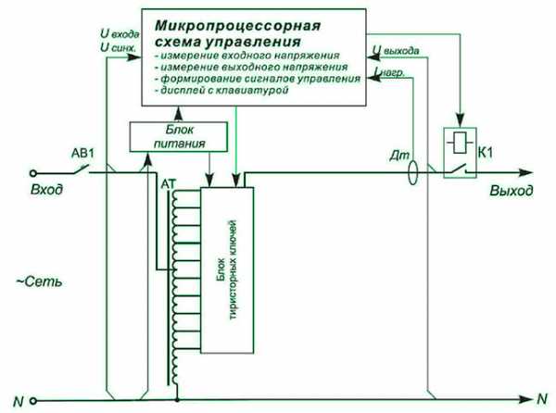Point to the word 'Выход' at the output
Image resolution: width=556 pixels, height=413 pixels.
pos(512,191)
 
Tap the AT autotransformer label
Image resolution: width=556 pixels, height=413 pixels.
pos(168,183)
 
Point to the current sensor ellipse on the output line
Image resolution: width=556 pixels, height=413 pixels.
pos(414,171)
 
